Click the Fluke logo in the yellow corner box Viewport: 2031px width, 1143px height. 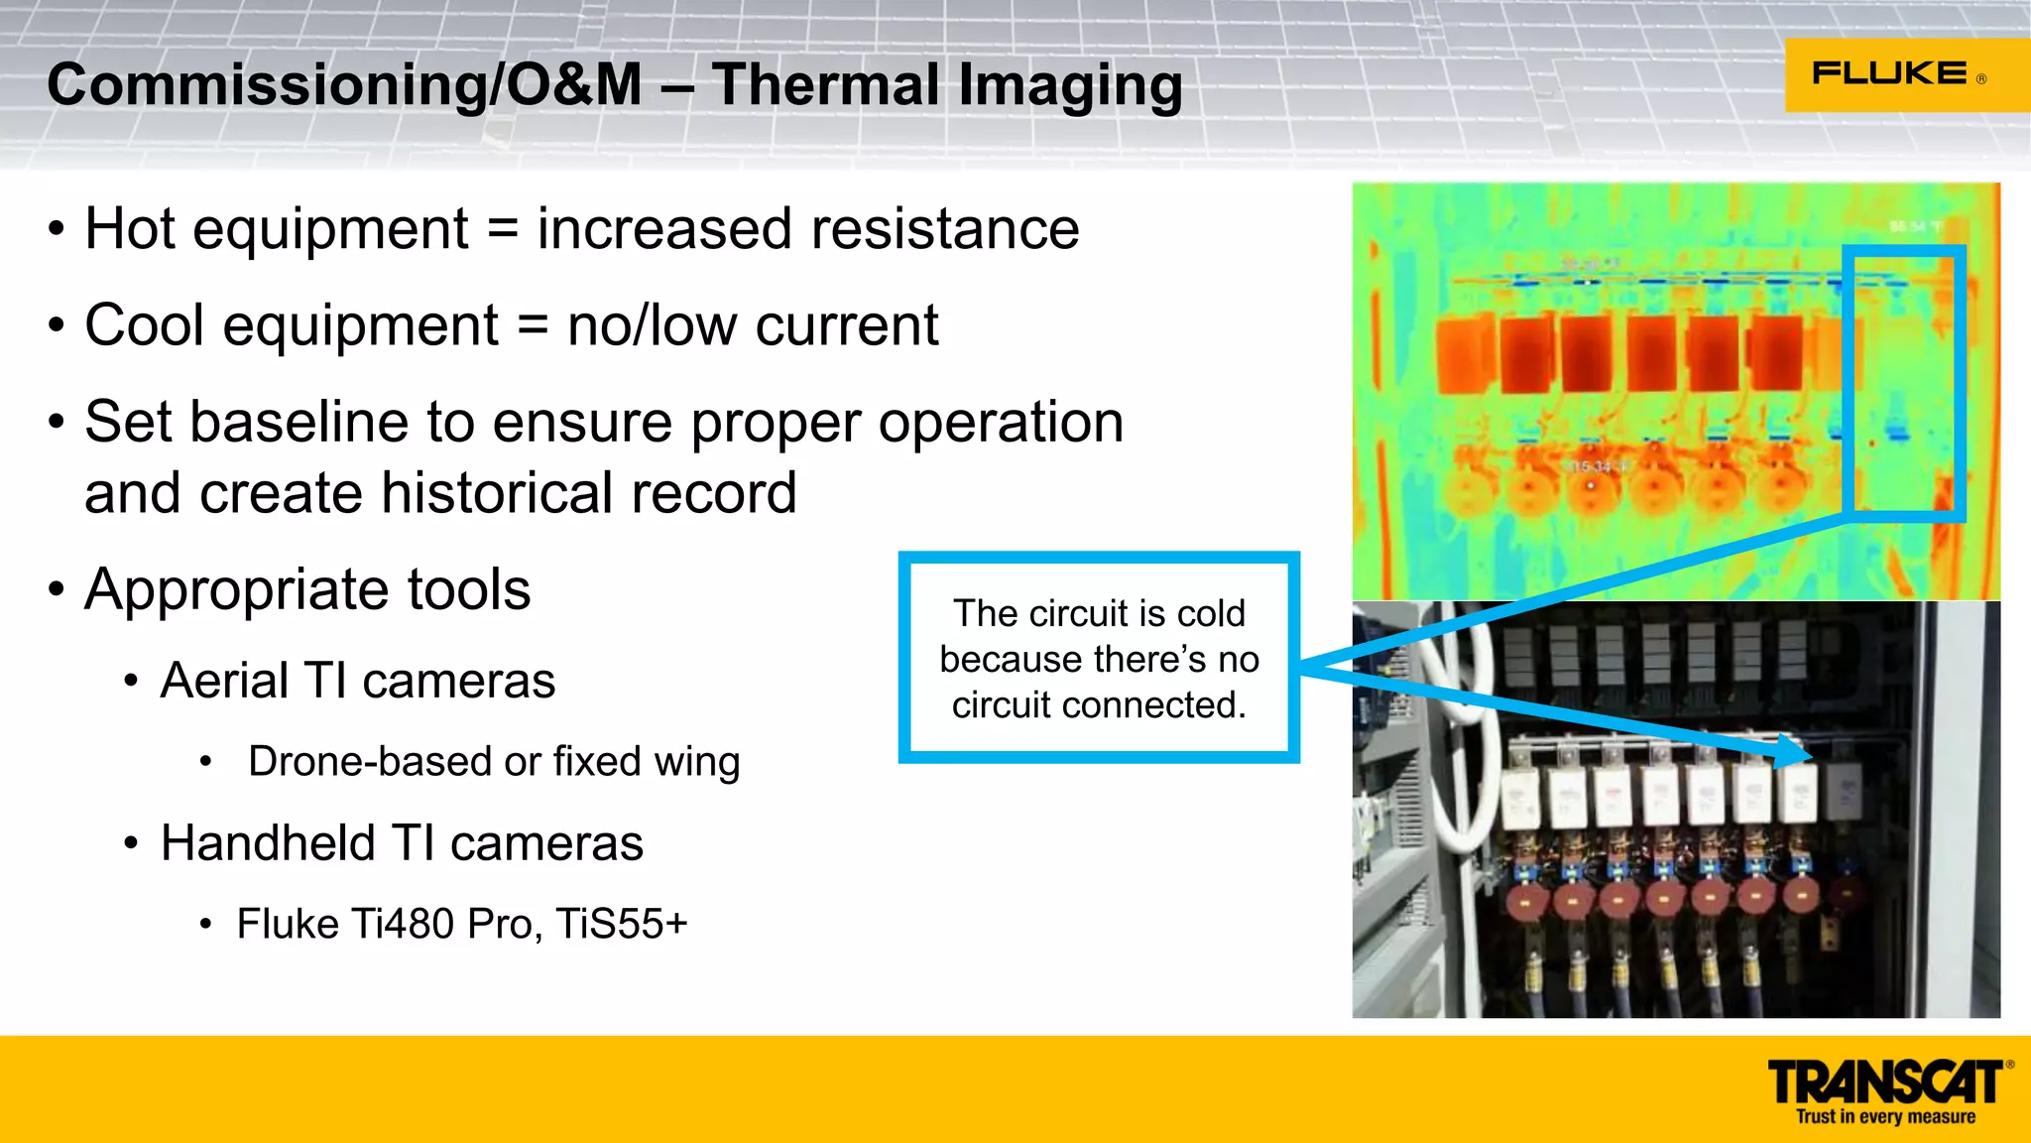pos(1889,73)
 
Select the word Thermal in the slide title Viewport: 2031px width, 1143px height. pos(825,85)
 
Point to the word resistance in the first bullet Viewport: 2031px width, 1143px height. pos(945,229)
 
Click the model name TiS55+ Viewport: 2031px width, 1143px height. pos(621,924)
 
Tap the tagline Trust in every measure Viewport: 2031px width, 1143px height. pos(1885,1117)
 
